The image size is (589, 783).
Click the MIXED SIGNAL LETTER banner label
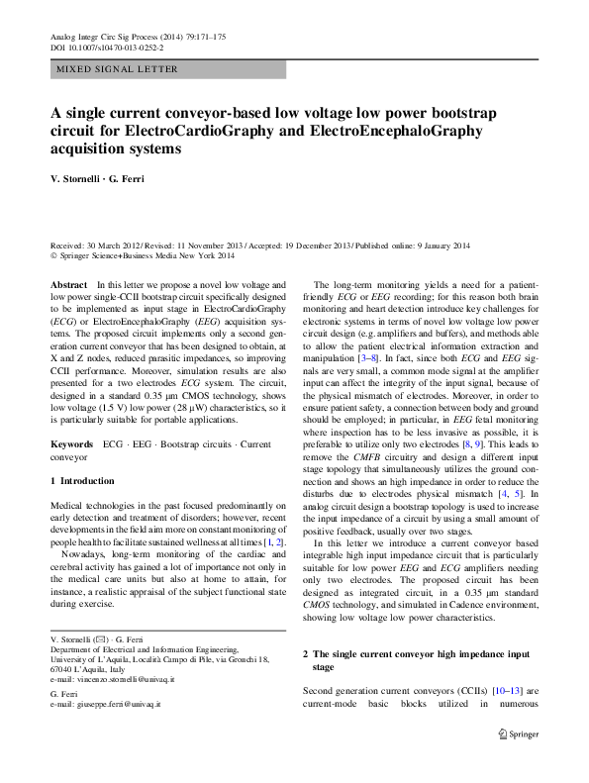point(117,69)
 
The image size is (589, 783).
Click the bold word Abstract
point(68,284)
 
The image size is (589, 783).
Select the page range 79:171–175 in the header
point(199,37)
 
